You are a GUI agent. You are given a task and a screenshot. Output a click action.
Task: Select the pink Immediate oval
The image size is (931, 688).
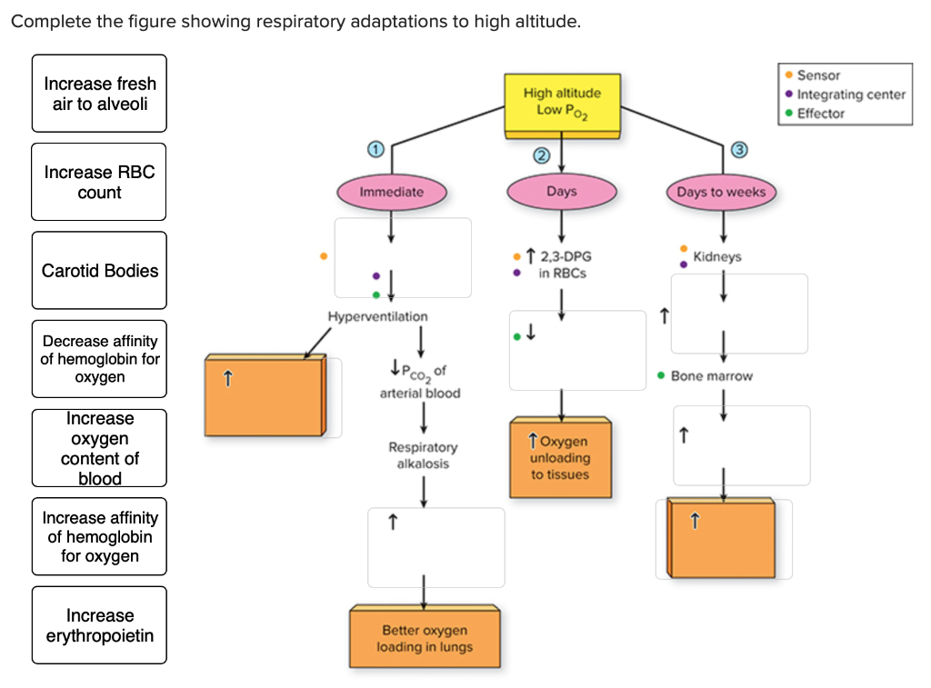click(x=391, y=192)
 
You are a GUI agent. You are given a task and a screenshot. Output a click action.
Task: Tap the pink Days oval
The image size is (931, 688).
click(x=561, y=192)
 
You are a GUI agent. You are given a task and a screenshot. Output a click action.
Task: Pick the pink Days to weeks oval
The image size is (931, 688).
click(x=721, y=192)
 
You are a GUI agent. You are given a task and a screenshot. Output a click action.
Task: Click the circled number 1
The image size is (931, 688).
click(x=373, y=149)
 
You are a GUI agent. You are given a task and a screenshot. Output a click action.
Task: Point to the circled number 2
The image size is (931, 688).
click(x=542, y=155)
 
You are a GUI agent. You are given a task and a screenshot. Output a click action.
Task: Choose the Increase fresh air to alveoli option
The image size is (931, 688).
click(x=99, y=94)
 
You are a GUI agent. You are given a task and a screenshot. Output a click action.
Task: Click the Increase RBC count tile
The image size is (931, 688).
click(x=99, y=182)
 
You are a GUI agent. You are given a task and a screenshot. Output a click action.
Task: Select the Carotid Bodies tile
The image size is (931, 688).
click(x=99, y=271)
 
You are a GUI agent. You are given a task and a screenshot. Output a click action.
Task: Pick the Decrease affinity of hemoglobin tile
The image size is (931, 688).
click(x=99, y=359)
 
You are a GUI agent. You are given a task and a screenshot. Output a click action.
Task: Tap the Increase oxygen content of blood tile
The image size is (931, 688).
click(x=99, y=448)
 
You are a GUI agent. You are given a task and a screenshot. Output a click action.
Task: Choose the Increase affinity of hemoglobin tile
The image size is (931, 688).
click(x=99, y=536)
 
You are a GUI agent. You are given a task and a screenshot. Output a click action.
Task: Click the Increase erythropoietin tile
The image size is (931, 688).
click(x=99, y=625)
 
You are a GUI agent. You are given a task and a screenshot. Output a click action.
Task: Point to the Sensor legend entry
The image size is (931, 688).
click(x=818, y=75)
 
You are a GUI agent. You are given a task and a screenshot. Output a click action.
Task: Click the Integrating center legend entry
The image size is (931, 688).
click(x=850, y=95)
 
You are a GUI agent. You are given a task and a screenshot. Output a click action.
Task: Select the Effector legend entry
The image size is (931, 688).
click(x=820, y=114)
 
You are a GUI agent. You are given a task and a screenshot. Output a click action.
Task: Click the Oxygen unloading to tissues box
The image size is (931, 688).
click(x=560, y=458)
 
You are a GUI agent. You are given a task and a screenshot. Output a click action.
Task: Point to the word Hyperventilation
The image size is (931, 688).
click(x=377, y=316)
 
